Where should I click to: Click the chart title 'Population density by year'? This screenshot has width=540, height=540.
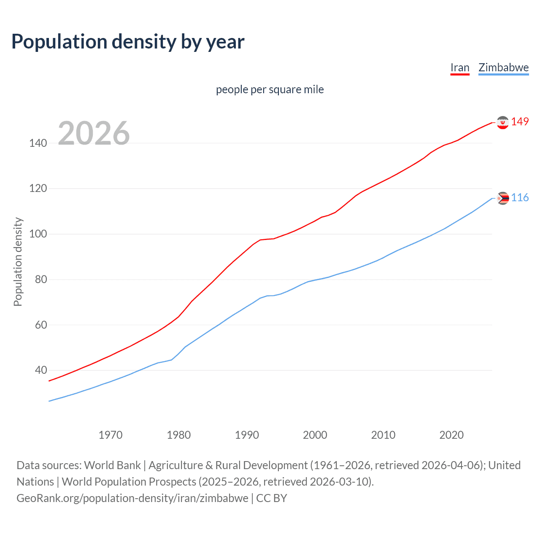click(128, 42)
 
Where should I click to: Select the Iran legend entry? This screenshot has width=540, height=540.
click(460, 68)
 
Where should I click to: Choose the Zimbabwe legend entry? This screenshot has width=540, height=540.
click(503, 68)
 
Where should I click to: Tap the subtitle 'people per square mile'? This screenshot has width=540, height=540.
click(270, 90)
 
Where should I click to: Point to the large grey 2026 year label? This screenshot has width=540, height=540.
click(94, 133)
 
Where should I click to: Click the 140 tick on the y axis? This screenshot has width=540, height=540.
click(38, 143)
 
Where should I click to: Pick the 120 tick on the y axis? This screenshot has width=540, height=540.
click(38, 189)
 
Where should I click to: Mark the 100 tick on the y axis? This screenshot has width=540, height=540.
click(38, 234)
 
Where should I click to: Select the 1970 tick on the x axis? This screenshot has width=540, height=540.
click(111, 435)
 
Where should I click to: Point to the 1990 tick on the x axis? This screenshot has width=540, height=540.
click(247, 435)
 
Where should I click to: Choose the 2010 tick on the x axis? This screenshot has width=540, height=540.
click(383, 435)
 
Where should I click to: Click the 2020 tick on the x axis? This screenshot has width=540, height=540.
click(451, 435)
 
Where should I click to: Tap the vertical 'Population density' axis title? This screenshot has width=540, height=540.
click(18, 262)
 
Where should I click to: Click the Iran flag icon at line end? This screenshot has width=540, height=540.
click(502, 122)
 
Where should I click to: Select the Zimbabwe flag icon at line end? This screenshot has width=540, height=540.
click(502, 198)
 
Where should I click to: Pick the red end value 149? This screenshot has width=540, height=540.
click(520, 122)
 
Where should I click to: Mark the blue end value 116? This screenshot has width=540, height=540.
click(520, 198)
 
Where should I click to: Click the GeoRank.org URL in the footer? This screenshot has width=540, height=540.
click(132, 498)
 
